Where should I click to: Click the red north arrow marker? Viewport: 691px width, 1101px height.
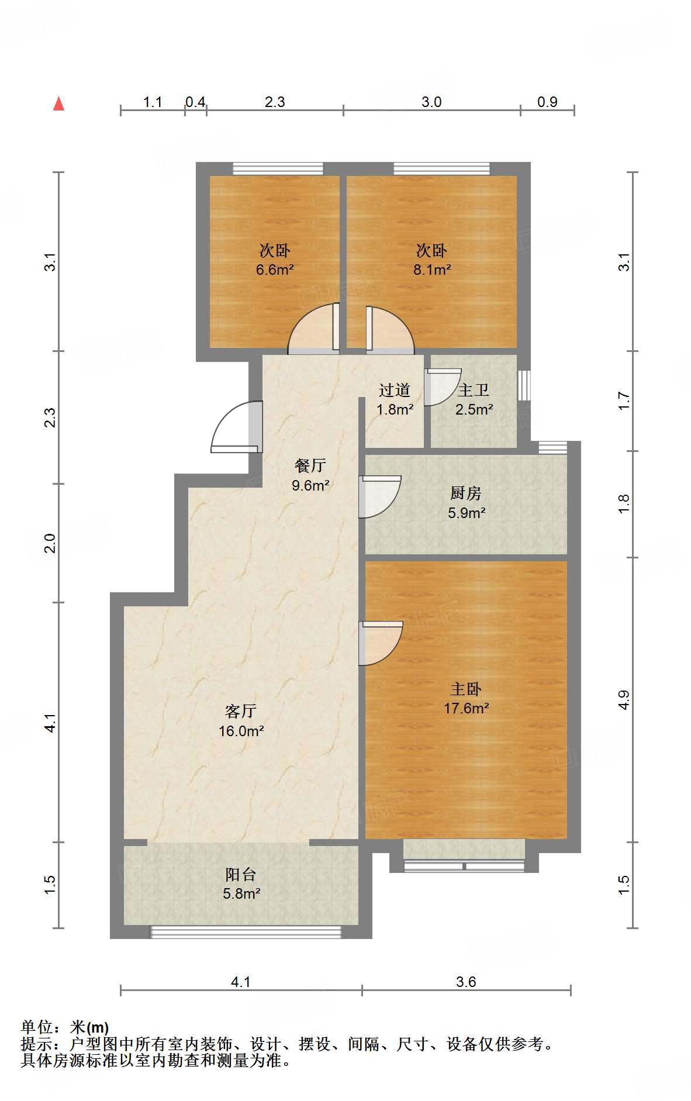pyautogui.click(x=58, y=103)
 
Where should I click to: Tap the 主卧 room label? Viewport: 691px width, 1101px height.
pyautogui.click(x=466, y=689)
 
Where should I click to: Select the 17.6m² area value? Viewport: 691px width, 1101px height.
pyautogui.click(x=466, y=708)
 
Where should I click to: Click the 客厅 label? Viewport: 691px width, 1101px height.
pyautogui.click(x=241, y=711)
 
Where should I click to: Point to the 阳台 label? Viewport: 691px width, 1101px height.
pyautogui.click(x=241, y=874)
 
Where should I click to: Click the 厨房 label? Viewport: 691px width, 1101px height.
pyautogui.click(x=466, y=493)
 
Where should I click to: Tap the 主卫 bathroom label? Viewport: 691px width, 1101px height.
pyautogui.click(x=474, y=390)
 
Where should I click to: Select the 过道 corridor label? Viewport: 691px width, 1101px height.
pyautogui.click(x=395, y=390)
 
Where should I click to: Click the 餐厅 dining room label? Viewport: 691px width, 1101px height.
pyautogui.click(x=310, y=465)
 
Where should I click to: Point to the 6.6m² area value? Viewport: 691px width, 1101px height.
pyautogui.click(x=274, y=270)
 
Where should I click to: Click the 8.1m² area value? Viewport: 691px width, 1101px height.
pyautogui.click(x=431, y=270)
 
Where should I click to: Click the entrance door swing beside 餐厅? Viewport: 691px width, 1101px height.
pyautogui.click(x=234, y=427)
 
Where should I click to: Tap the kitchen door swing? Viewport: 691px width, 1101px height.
pyautogui.click(x=380, y=497)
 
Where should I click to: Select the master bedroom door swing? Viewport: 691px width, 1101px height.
pyautogui.click(x=381, y=643)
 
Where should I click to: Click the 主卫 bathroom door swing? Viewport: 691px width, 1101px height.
pyautogui.click(x=443, y=386)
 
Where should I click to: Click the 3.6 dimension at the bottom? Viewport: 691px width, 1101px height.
pyautogui.click(x=466, y=982)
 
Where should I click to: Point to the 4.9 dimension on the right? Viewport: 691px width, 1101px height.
pyautogui.click(x=624, y=700)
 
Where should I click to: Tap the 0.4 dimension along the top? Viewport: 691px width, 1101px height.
pyautogui.click(x=195, y=102)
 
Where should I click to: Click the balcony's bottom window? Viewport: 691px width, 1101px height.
pyautogui.click(x=246, y=932)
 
